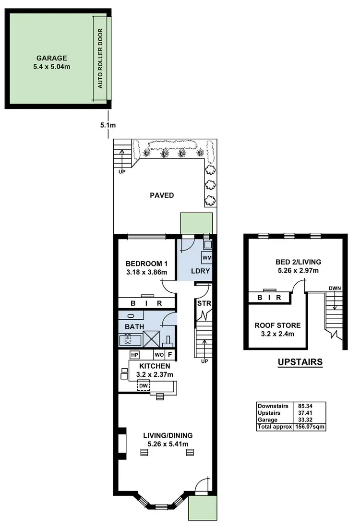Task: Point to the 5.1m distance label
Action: click(x=108, y=125)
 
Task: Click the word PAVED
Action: click(x=162, y=195)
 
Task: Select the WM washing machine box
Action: click(x=206, y=258)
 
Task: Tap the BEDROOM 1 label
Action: click(x=146, y=264)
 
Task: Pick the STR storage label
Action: click(x=202, y=303)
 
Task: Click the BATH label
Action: click(x=134, y=326)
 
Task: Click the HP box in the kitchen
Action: click(x=134, y=355)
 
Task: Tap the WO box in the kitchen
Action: click(x=158, y=356)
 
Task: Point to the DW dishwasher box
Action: click(x=143, y=385)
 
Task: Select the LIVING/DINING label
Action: click(x=168, y=439)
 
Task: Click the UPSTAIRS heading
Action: click(x=300, y=362)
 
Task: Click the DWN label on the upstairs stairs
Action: click(x=334, y=288)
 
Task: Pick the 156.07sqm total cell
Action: click(x=309, y=426)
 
